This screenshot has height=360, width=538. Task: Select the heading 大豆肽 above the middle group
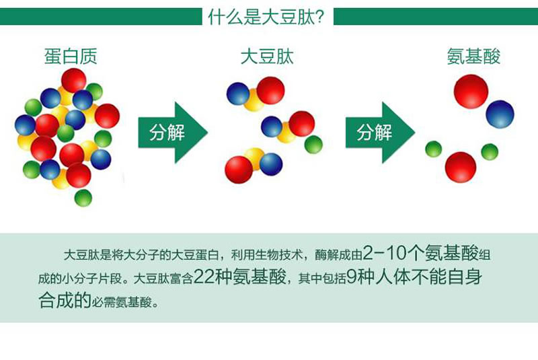[x=268, y=56]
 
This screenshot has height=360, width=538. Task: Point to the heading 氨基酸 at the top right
[x=474, y=56]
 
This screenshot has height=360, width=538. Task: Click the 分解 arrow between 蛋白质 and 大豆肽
[x=171, y=133]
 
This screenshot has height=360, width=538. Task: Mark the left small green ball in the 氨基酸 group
[x=434, y=149]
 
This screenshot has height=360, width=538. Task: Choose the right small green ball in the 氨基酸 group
[x=490, y=152]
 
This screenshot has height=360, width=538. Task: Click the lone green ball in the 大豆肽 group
[x=313, y=145]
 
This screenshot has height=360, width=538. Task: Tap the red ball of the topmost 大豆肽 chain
[x=270, y=90]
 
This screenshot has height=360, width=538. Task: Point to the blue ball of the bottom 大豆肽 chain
[x=271, y=163]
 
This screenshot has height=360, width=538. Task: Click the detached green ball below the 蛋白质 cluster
[x=83, y=197]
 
